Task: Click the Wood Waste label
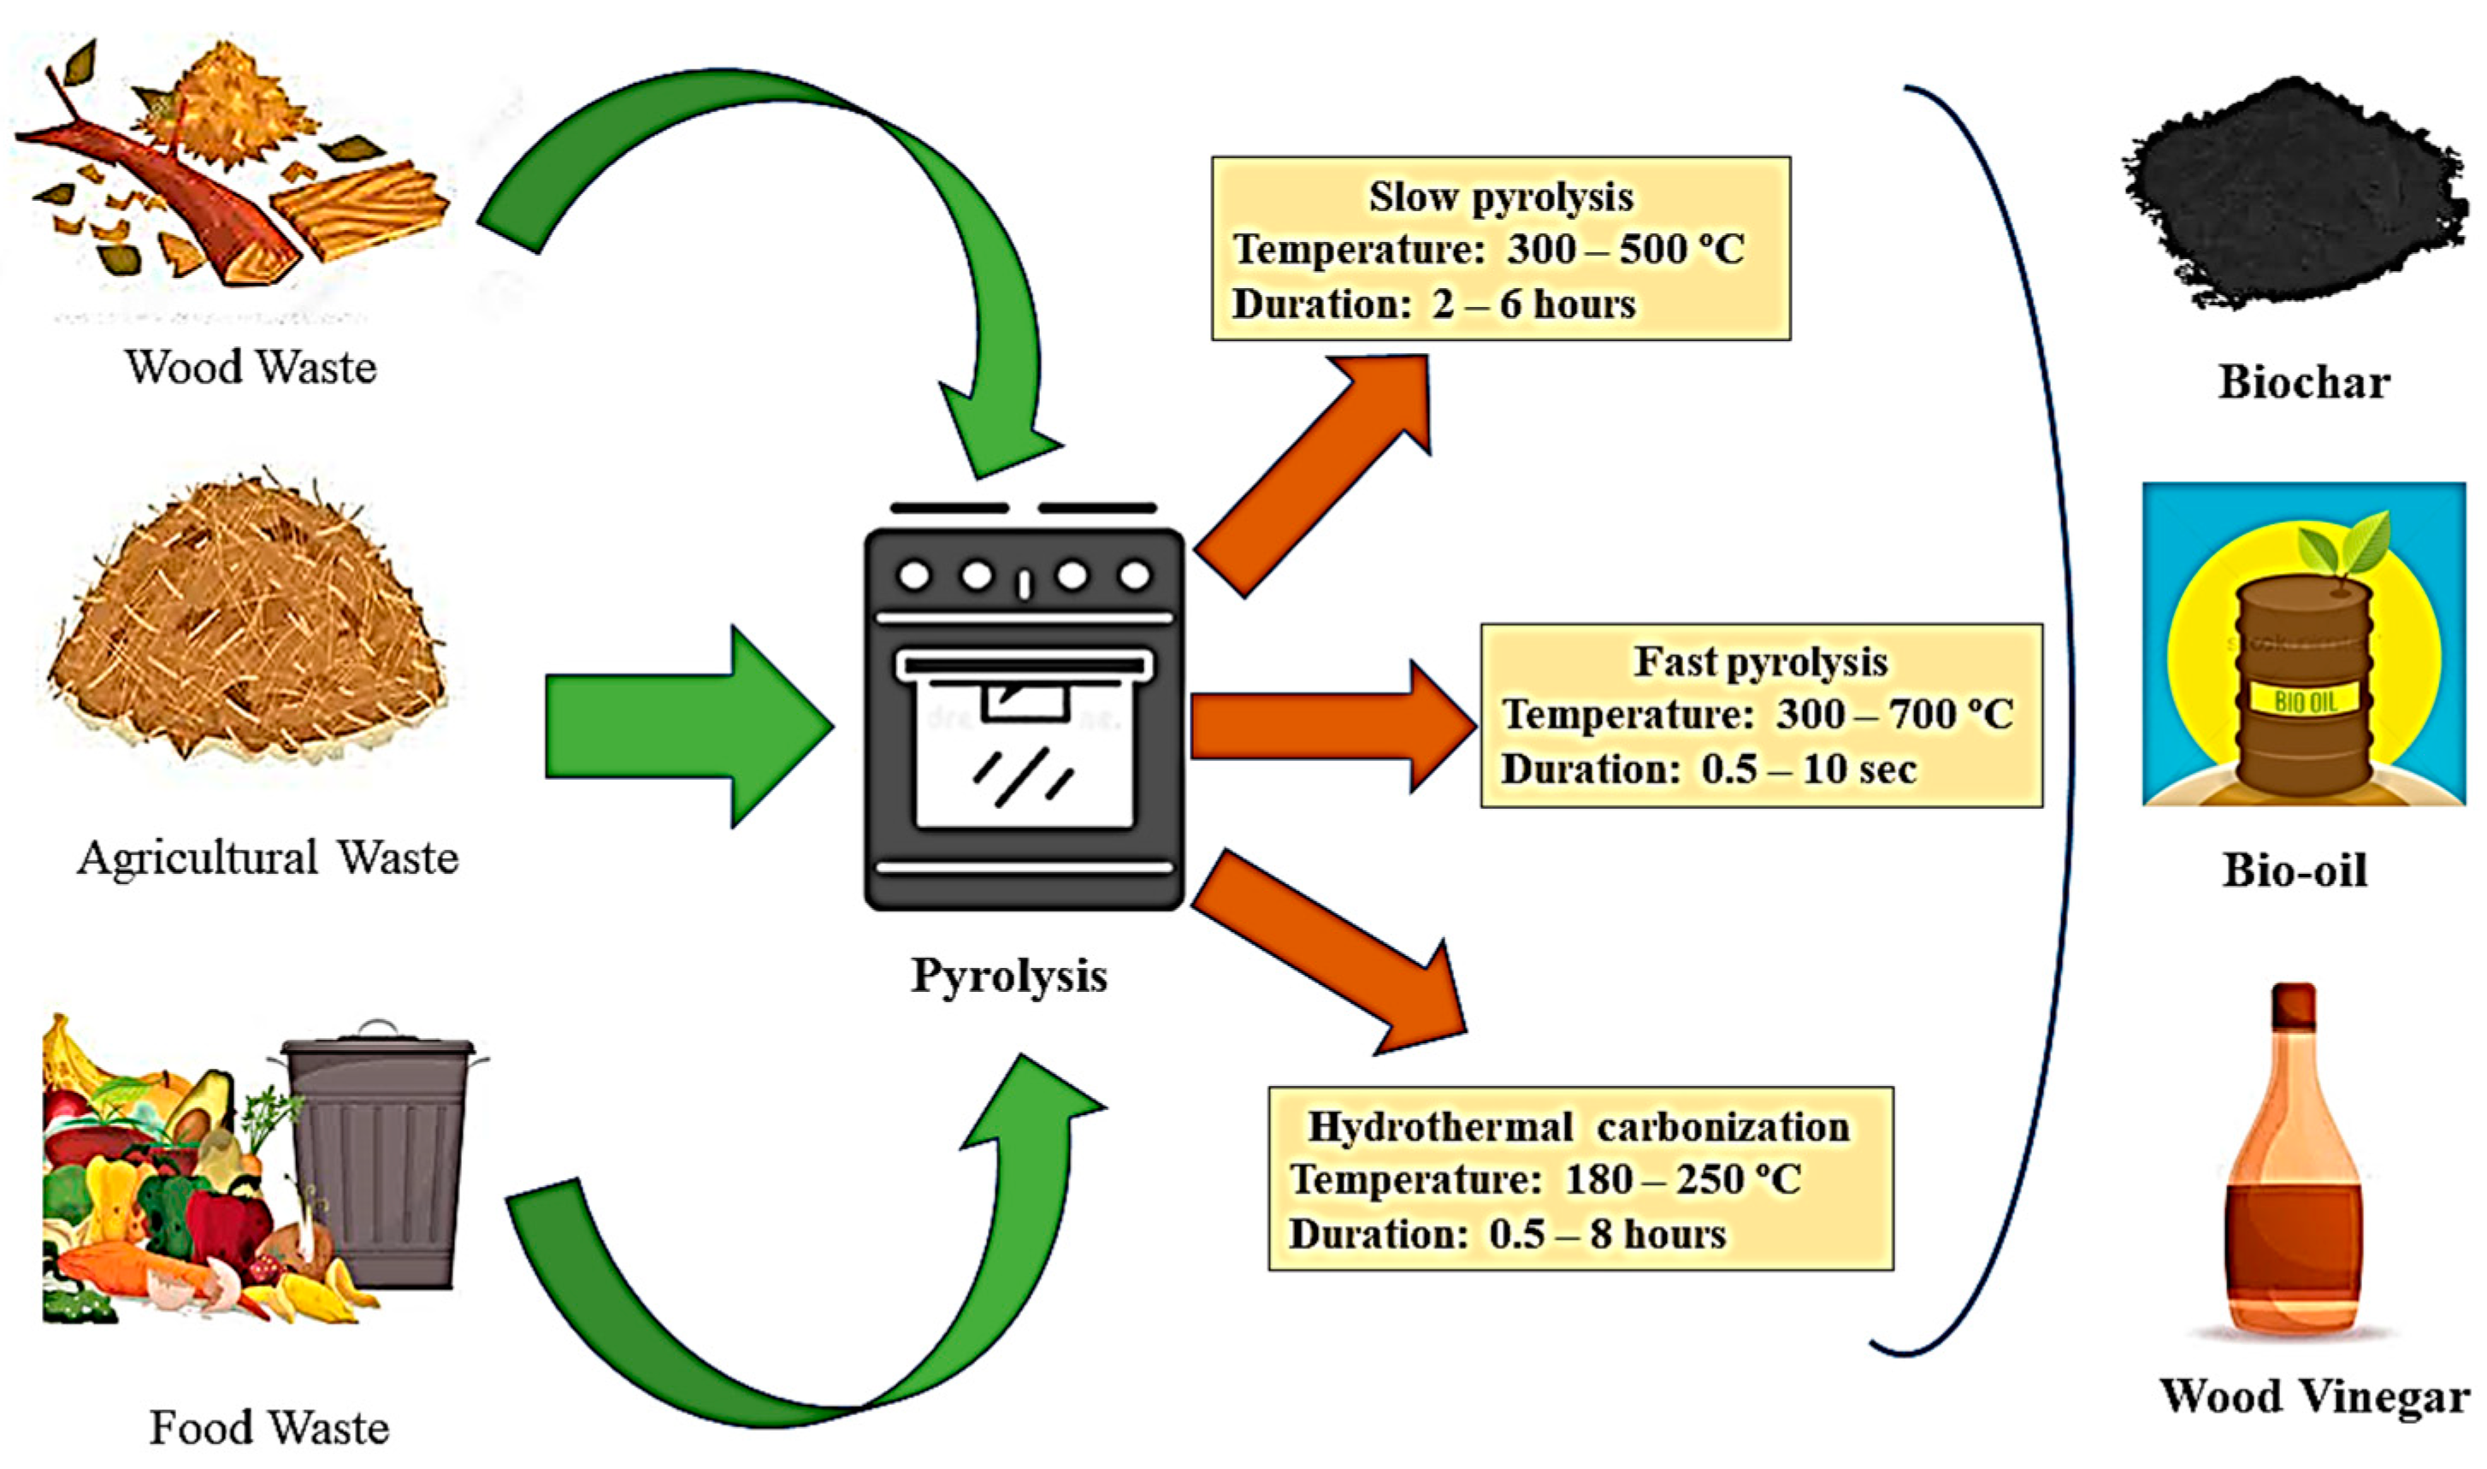click(x=251, y=368)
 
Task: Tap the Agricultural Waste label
click(x=268, y=858)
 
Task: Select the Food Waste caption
click(x=269, y=1427)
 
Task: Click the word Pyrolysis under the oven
click(x=1009, y=975)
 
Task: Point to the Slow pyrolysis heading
click(x=1501, y=197)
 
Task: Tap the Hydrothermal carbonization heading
click(x=1579, y=1126)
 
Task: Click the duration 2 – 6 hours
click(x=1533, y=304)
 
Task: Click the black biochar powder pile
click(x=2292, y=193)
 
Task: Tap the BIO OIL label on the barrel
click(x=2305, y=702)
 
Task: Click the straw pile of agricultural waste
click(x=247, y=623)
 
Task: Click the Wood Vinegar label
click(x=2313, y=1396)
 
